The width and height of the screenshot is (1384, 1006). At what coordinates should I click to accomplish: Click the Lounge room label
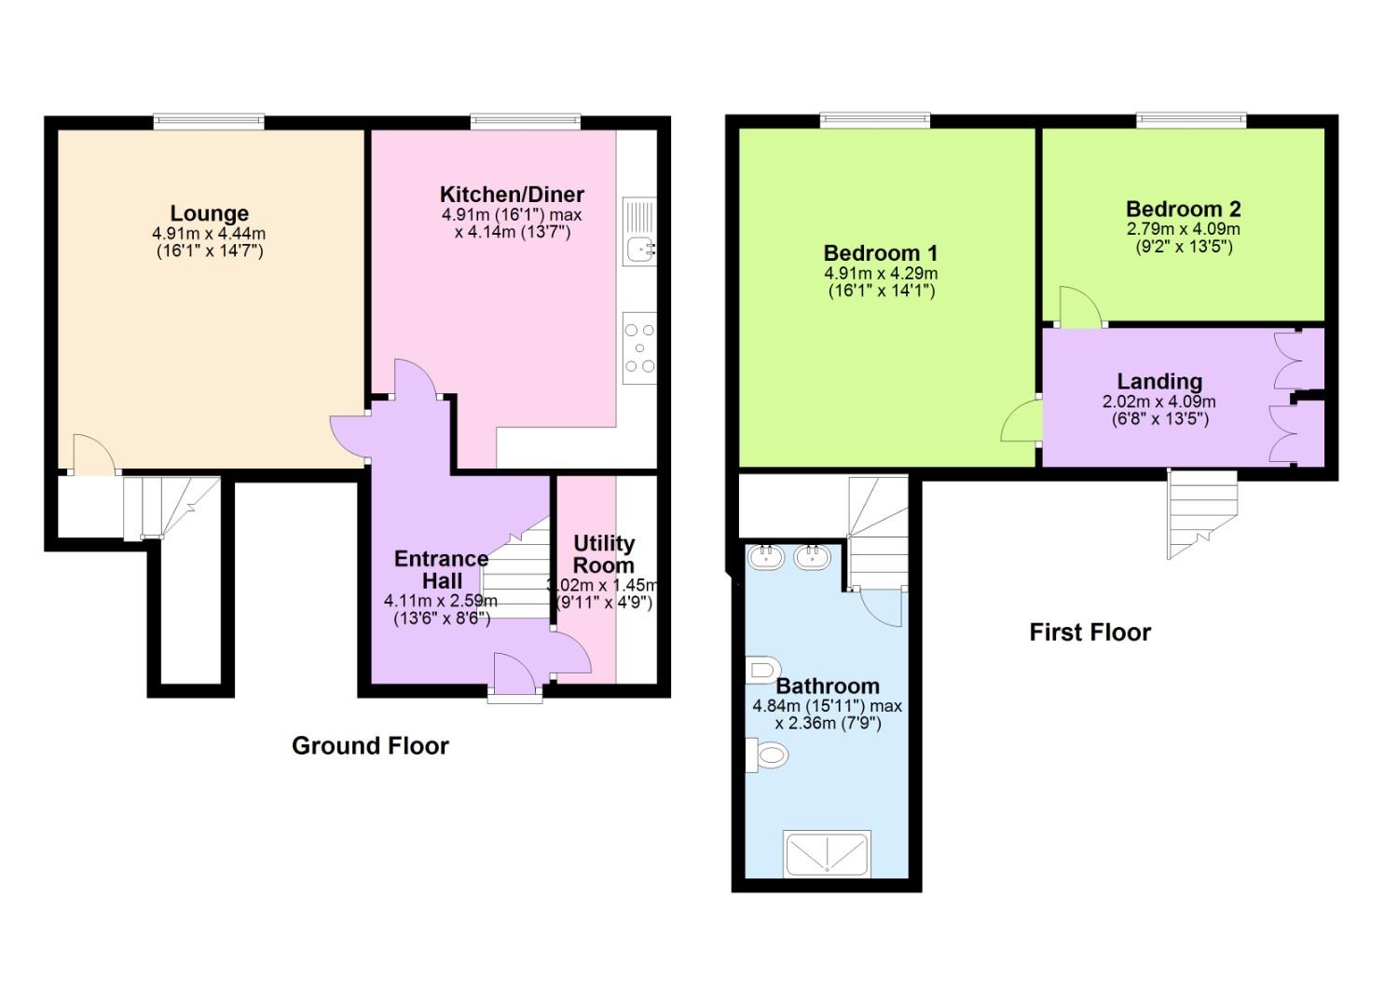209,213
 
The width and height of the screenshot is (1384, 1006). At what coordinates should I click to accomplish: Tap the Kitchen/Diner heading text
512,195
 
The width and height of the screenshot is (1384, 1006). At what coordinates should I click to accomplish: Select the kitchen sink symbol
639,248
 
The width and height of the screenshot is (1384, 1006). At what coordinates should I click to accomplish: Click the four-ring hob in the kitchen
639,347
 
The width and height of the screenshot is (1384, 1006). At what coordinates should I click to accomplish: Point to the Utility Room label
603,554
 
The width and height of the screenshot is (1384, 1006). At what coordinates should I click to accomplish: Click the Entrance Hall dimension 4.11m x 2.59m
440,601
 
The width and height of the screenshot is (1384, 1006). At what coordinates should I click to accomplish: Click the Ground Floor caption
370,745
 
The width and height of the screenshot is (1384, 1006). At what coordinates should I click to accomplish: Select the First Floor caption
1089,632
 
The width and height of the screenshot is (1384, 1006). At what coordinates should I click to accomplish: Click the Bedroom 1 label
880,253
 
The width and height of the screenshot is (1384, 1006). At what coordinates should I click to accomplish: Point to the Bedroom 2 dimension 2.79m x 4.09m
1183,229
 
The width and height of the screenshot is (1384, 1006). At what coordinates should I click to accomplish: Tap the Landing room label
1158,382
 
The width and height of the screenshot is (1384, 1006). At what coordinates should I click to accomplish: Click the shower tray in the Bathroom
827,853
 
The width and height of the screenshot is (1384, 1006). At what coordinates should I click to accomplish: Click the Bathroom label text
827,687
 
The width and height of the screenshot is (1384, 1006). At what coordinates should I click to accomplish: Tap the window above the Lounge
209,120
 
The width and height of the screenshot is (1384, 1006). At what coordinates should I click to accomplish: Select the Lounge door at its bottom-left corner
92,456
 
